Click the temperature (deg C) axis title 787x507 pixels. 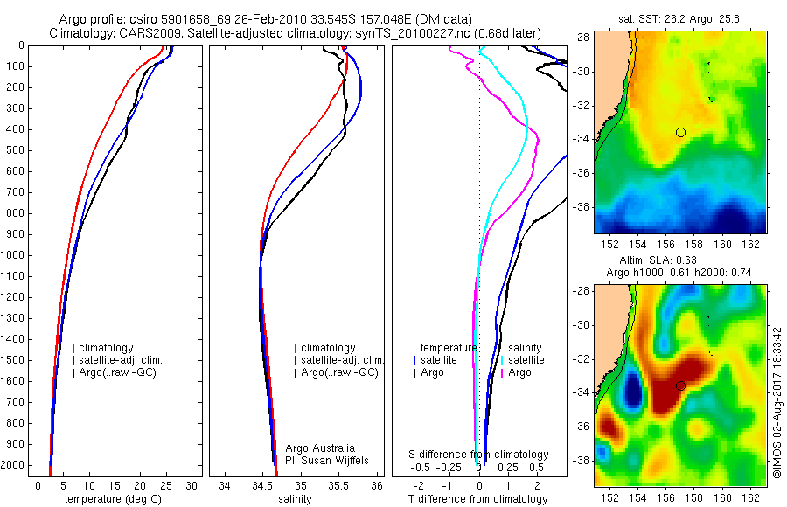pos(114,499)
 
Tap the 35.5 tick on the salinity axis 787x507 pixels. pos(338,486)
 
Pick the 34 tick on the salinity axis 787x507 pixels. pos(225,486)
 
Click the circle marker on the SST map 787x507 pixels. pos(680,132)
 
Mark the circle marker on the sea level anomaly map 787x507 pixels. pos(680,385)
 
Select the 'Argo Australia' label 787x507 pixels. pos(320,448)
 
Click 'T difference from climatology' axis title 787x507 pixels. pos(477,499)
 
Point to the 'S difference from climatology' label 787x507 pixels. pos(479,455)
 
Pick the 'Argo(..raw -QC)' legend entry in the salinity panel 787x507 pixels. pos(339,372)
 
